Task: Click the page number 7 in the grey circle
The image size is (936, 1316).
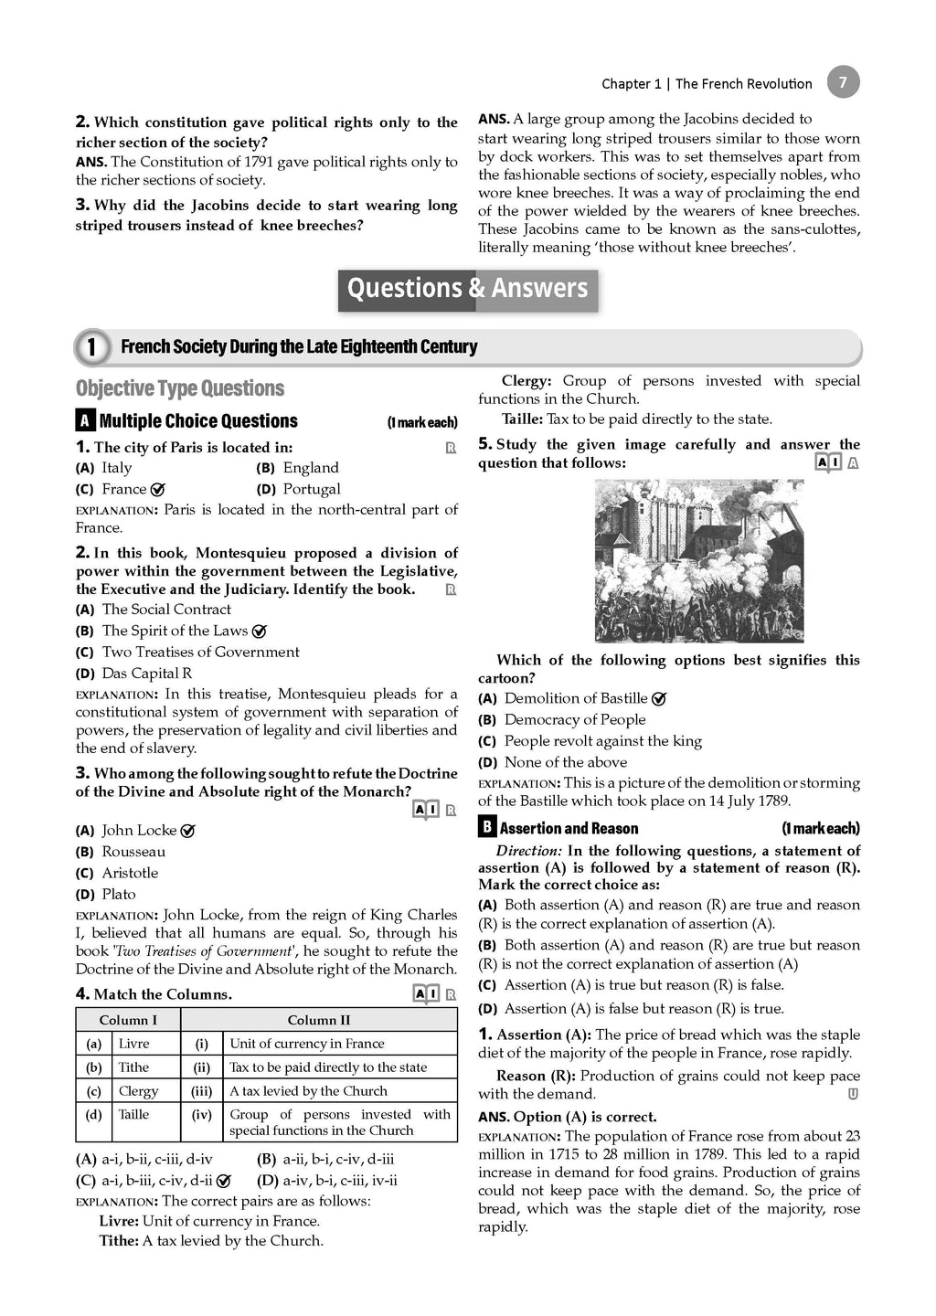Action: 843,82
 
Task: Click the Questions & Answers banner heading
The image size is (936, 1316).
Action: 467,289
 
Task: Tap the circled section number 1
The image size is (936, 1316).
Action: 91,347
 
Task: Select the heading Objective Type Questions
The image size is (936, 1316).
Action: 180,388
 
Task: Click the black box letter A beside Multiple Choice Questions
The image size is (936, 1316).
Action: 85,420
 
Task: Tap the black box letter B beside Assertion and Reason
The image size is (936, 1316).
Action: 487,828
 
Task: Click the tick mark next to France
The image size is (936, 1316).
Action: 157,490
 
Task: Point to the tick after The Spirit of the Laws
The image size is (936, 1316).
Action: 259,631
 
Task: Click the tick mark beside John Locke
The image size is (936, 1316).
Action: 187,831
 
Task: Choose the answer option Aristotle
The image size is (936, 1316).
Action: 130,873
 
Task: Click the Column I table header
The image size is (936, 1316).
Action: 128,1020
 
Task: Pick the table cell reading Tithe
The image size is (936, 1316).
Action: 133,1067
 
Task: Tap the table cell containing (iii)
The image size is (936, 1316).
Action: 201,1091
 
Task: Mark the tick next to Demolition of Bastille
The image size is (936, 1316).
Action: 659,699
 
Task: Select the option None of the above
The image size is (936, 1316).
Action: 565,762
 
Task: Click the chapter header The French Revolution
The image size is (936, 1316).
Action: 707,84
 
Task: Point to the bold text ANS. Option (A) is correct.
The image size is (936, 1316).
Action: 567,1117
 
